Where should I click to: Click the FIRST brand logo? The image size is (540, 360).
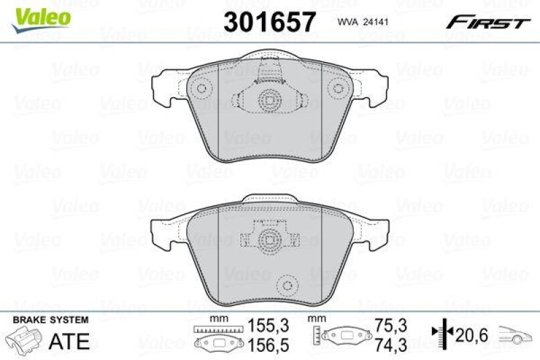coord(487,22)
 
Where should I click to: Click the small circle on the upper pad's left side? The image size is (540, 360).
coord(200,88)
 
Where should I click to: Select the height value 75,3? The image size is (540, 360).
coord(391,324)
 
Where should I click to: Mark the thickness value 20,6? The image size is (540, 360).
coord(470,333)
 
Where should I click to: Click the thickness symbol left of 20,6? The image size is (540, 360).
coord(438,333)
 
